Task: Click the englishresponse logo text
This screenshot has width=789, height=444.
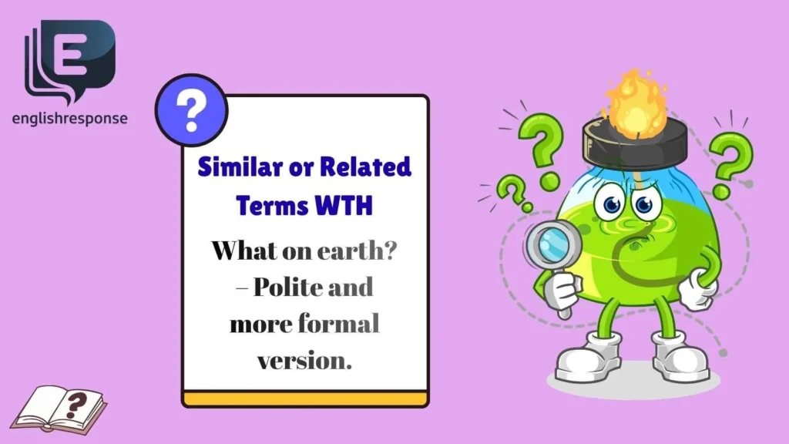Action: point(70,119)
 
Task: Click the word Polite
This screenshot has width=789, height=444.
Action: point(292,288)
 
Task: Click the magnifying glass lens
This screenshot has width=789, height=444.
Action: point(548,244)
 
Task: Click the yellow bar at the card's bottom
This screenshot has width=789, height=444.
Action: point(305,399)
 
